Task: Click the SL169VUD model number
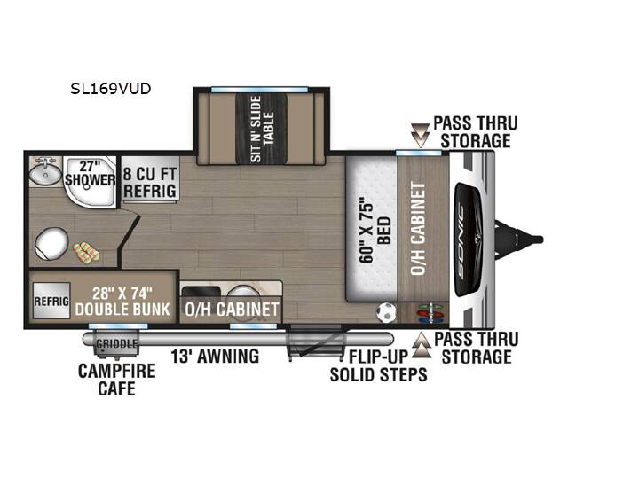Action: pos(111,89)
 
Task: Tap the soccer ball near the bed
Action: pos(386,312)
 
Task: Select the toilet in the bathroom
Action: pos(51,244)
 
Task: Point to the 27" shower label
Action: pos(90,173)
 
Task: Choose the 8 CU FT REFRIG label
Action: pos(150,183)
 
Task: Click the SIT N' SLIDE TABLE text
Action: pos(262,129)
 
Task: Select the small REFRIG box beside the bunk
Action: pos(51,301)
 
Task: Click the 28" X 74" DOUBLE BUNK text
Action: pos(122,301)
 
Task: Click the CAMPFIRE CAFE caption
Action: pos(116,380)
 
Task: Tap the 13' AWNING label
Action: pos(215,356)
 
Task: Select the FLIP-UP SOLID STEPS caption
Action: pos(379,365)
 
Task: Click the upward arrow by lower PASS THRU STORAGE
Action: pos(422,345)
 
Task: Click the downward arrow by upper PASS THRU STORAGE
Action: pos(420,135)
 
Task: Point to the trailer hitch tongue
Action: pos(518,239)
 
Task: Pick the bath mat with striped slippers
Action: pos(86,251)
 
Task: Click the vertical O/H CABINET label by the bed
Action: pos(419,229)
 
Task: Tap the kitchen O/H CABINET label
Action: pos(232,310)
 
